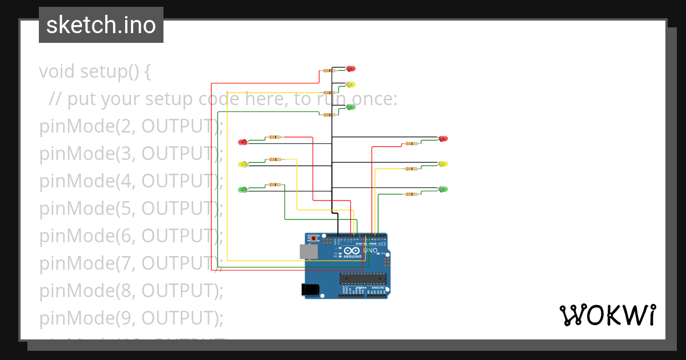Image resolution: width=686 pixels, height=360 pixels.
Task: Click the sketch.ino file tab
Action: (x=101, y=25)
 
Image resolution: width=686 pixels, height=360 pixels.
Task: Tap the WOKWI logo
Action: (x=607, y=315)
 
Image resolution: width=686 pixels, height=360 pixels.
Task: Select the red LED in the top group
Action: (x=351, y=69)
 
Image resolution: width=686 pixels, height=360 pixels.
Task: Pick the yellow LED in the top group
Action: (x=351, y=85)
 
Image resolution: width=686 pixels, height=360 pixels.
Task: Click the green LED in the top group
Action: (x=351, y=107)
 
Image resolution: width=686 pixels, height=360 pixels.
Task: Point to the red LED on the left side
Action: (x=242, y=142)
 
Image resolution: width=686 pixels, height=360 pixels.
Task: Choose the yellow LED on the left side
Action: (x=242, y=165)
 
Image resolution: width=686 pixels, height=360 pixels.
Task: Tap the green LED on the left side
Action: (x=242, y=189)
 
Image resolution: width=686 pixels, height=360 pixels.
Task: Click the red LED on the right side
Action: (x=443, y=139)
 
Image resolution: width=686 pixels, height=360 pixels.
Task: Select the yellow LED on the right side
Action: (x=443, y=164)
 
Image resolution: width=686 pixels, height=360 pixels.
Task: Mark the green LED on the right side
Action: (x=443, y=189)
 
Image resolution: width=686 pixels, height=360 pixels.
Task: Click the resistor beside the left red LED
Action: (x=275, y=137)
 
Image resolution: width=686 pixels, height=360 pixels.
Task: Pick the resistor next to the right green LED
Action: (x=410, y=194)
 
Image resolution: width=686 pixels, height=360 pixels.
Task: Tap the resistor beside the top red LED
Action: (x=328, y=71)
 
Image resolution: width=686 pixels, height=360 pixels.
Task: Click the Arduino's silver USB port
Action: (x=309, y=251)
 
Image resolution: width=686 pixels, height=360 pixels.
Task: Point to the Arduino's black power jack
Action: (x=310, y=290)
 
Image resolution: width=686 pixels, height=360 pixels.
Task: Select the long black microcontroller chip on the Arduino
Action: (x=362, y=279)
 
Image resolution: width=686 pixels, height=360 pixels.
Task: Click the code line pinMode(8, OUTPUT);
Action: (x=131, y=290)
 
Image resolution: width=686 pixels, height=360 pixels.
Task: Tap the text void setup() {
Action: (x=95, y=72)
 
